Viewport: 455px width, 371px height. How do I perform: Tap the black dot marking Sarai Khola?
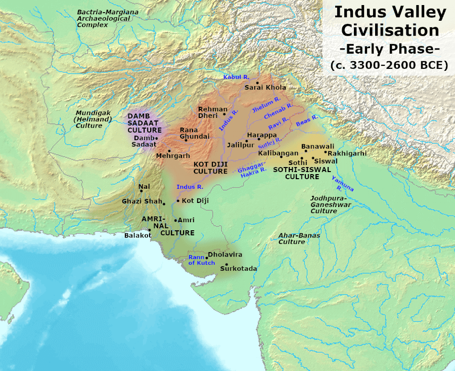257,83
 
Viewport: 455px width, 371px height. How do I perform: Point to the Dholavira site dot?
207,258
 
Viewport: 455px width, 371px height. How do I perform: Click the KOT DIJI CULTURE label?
210,168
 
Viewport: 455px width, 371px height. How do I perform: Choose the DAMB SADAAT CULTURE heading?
145,123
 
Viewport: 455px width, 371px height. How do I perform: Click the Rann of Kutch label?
198,260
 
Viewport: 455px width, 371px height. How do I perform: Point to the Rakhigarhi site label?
347,153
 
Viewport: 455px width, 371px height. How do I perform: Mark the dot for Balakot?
149,229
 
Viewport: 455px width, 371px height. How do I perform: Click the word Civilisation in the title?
390,30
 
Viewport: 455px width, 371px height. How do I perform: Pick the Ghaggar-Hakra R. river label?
252,169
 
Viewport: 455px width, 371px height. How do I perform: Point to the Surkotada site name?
238,268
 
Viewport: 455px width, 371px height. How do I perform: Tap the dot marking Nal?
141,191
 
